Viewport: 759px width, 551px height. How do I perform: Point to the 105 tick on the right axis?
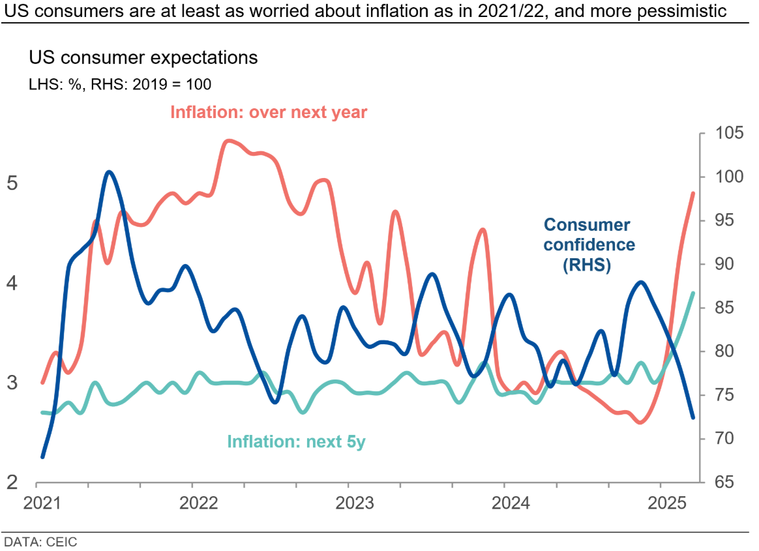(722, 134)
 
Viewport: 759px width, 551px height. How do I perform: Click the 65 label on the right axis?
(718, 483)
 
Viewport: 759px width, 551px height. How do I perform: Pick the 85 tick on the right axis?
(718, 308)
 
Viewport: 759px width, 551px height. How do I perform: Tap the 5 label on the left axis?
(12, 183)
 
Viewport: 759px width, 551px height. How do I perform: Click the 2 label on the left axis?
(12, 483)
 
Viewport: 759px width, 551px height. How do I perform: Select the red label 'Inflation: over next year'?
(269, 112)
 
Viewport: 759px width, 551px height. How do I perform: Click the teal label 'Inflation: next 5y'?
(297, 442)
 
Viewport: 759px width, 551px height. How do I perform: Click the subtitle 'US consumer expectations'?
(143, 57)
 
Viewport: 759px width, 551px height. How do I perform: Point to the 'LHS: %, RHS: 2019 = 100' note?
(119, 84)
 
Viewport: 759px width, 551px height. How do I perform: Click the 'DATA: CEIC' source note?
(40, 541)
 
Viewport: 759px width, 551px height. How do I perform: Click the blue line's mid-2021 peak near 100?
(109, 172)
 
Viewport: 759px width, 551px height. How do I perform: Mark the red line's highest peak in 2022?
(228, 140)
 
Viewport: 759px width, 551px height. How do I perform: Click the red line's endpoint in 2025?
(693, 193)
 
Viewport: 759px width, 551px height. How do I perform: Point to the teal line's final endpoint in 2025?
(693, 293)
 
